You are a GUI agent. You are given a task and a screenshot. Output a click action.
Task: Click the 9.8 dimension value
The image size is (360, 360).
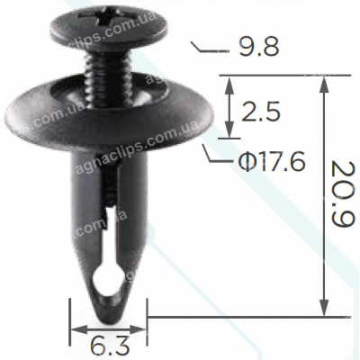point(252,48)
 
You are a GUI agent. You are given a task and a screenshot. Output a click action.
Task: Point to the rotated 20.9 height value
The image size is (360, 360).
point(341,194)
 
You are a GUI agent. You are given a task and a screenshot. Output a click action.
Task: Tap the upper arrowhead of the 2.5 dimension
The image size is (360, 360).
point(230,83)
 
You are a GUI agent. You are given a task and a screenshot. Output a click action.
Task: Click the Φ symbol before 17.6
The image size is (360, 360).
point(244,162)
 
